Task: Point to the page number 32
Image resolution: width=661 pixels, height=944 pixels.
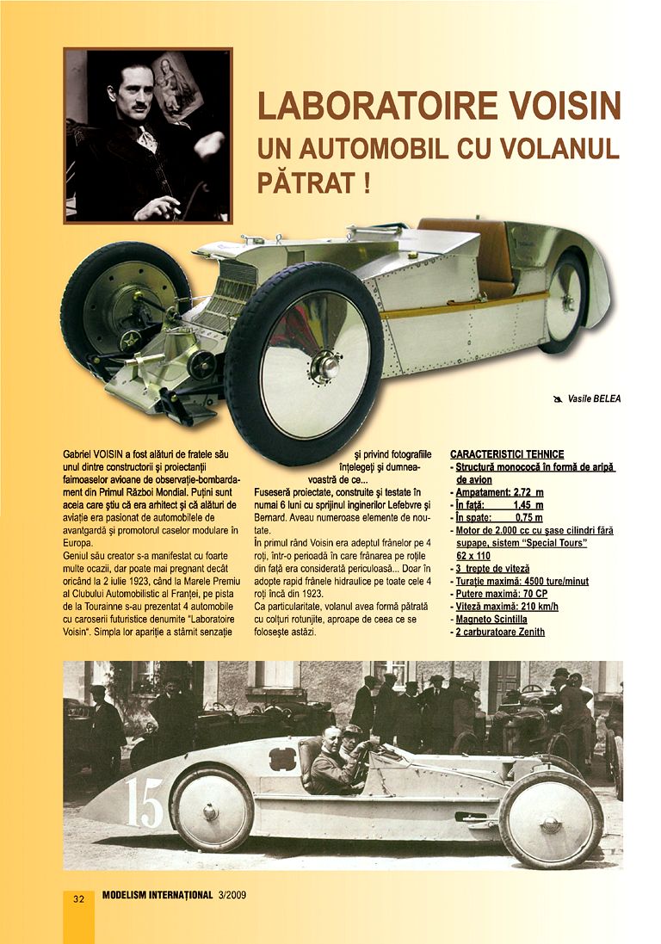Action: (78, 898)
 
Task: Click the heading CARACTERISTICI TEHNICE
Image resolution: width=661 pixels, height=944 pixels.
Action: (507, 454)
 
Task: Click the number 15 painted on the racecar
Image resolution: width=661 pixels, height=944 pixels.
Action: (145, 801)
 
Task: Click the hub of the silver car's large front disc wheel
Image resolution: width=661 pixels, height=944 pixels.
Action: (326, 364)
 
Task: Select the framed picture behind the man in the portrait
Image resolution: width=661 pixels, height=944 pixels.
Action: (177, 82)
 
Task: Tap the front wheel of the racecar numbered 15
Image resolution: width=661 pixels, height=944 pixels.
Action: (552, 817)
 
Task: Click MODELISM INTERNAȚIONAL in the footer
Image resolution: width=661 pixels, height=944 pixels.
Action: (157, 898)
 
